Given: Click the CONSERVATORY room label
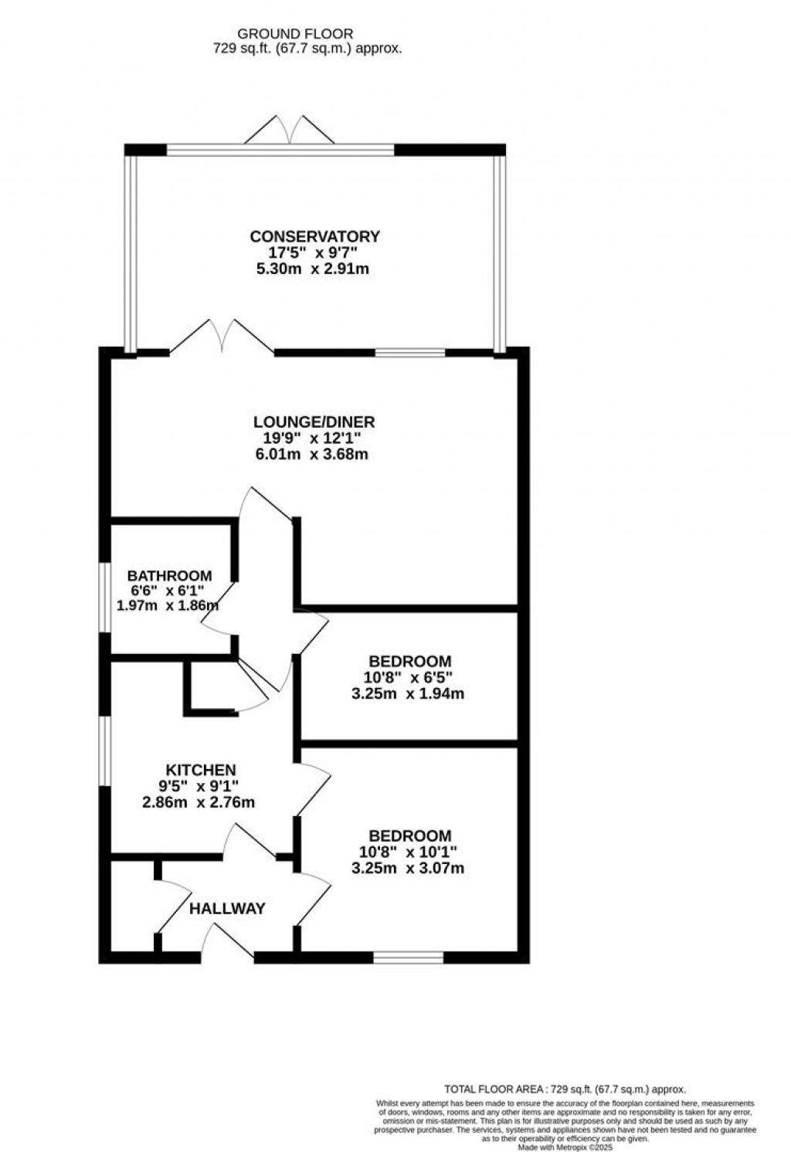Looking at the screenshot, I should pos(314,236).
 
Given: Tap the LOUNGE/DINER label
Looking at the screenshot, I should pos(314,422).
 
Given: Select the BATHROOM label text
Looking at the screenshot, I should pos(169,575).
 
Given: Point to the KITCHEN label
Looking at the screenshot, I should pos(201,770).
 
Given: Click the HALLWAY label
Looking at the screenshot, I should pos(227,908).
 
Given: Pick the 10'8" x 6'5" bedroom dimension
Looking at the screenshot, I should pos(409,677).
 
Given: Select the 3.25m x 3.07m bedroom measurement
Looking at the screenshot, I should pos(409,868).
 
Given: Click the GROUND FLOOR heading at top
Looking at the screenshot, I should pos(295,34).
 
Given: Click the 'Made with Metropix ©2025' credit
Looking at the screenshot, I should pos(562,1148).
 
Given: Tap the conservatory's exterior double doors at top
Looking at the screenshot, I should pos(290,131).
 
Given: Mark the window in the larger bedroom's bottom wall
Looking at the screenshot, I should pos(409,957).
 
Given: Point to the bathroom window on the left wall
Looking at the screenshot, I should pos(105,598).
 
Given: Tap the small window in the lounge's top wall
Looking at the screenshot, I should pos(410,353).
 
